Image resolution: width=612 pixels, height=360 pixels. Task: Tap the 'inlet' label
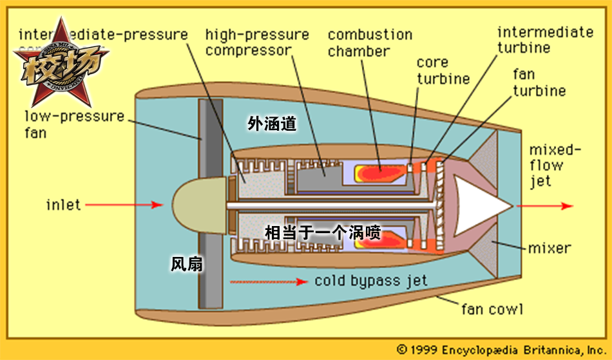pos(63,205)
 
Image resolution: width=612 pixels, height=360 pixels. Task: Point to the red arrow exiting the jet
pos(548,206)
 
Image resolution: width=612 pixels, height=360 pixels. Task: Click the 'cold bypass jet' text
pos(370,281)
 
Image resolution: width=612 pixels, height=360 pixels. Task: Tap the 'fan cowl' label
pos(492,308)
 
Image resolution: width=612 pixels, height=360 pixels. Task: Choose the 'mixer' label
pos(549,248)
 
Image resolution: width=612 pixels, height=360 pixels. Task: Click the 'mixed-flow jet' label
pos(555,166)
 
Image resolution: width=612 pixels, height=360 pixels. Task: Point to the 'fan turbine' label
pos(539,82)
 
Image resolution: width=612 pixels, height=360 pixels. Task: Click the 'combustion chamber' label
pos(370,43)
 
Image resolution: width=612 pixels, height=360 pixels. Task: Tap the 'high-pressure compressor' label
pos(257,42)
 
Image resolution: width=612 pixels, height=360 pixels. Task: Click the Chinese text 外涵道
pos(272,124)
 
